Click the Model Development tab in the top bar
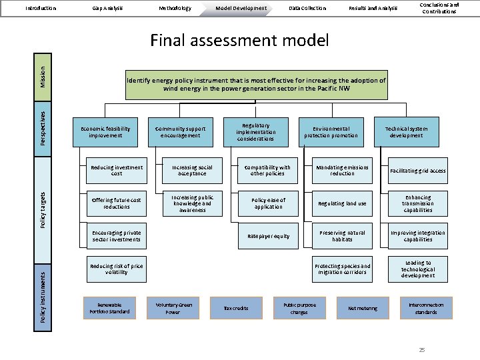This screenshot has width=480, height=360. tap(241, 8)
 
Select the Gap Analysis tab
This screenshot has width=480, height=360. tap(107, 8)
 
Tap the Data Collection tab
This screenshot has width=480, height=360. tap(307, 8)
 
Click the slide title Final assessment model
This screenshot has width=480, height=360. tap(239, 41)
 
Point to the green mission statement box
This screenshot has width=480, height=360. tap(256, 84)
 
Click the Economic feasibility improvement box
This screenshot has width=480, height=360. tap(105, 132)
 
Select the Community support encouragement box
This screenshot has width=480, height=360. tap(180, 132)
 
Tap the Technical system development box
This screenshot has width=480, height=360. tap(407, 132)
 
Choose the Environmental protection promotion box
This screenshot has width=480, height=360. tap(331, 132)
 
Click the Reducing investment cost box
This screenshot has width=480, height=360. tap(117, 171)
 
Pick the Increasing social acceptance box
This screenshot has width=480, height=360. tap(192, 171)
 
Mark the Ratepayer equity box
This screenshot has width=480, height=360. tap(268, 236)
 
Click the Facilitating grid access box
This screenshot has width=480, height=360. tap(418, 171)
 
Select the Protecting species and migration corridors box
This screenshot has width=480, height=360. tap(342, 269)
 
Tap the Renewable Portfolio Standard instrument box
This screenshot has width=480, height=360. tap(109, 308)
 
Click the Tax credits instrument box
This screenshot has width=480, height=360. tap(235, 308)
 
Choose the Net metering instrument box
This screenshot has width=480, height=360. tap(362, 308)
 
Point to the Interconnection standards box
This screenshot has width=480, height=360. tap(425, 308)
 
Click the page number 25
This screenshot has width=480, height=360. tap(421, 349)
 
